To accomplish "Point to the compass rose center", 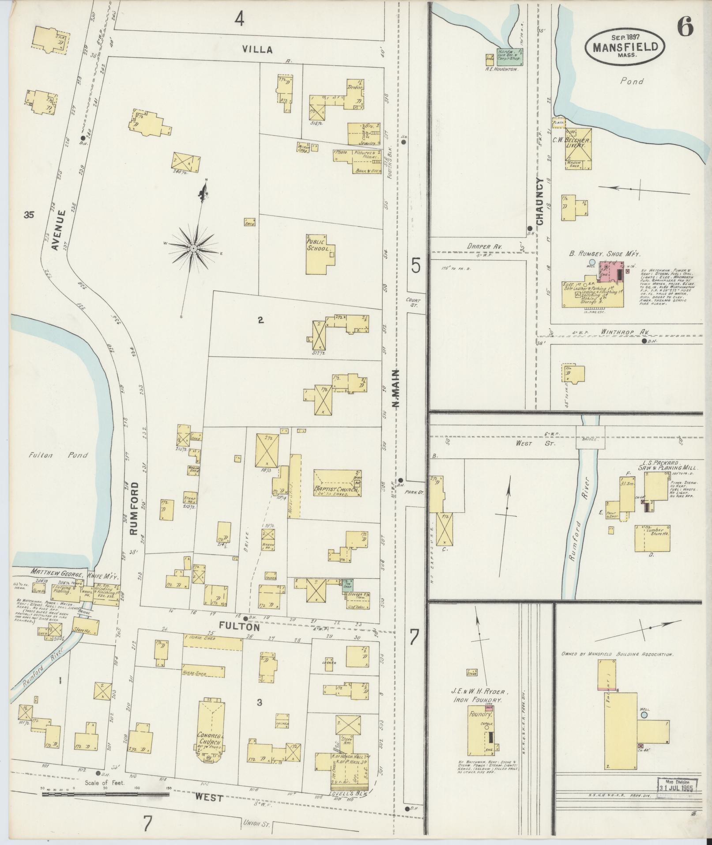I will pyautogui.click(x=193, y=250).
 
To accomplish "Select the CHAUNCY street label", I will pyautogui.click(x=541, y=201).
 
